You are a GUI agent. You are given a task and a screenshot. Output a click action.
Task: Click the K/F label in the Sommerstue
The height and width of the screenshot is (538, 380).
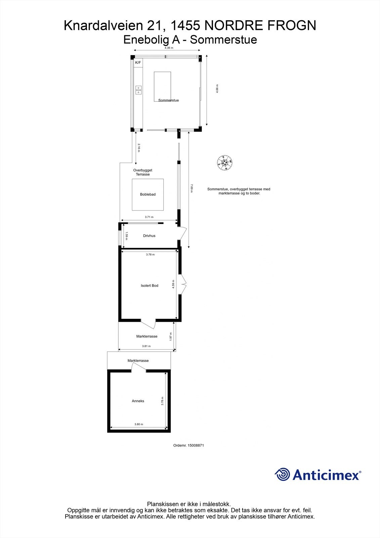click(138, 63)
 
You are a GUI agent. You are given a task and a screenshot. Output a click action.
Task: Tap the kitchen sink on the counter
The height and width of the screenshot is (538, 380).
click(138, 90)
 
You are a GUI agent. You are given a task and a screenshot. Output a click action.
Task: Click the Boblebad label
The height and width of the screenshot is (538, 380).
click(148, 194)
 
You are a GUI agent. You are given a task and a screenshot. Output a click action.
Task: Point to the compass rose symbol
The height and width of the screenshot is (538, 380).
click(224, 163)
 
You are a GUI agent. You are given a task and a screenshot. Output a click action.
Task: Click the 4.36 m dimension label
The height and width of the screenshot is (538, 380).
click(169, 48)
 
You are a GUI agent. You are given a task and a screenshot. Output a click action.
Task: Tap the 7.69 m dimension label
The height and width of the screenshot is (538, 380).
click(192, 188)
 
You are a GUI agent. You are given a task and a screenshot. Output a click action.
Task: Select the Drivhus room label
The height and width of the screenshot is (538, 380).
click(149, 236)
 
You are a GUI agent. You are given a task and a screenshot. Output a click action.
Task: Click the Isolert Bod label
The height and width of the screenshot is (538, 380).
click(150, 285)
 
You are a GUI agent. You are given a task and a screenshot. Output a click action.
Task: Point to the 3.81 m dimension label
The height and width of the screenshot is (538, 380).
click(146, 346)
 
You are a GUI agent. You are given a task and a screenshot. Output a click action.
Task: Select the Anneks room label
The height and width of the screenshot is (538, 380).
click(138, 401)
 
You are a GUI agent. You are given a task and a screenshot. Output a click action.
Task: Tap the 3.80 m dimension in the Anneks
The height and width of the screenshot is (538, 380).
click(139, 424)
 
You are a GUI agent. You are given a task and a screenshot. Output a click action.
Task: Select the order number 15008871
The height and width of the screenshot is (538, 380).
click(188, 445)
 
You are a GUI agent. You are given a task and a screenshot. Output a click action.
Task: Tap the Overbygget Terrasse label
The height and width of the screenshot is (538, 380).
click(142, 172)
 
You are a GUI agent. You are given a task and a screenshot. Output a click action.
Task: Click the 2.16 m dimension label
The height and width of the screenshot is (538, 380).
click(138, 148)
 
